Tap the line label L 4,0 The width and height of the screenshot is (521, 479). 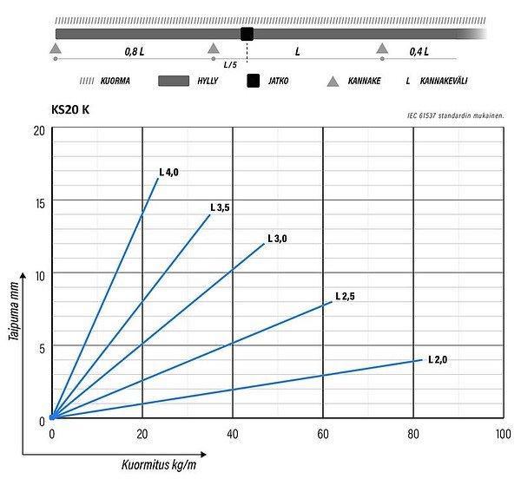[168, 172]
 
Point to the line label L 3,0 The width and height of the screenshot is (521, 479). [277, 238]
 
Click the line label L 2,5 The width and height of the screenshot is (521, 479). [345, 297]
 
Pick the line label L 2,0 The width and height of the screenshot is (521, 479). [437, 358]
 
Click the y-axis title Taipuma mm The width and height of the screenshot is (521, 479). [15, 317]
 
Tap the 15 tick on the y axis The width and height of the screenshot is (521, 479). [39, 201]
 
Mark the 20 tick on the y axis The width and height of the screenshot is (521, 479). [39, 130]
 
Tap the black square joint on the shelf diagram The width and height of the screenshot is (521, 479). [247, 34]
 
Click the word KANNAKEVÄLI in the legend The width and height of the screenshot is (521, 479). [450, 82]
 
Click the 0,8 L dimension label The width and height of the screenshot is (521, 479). [134, 51]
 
